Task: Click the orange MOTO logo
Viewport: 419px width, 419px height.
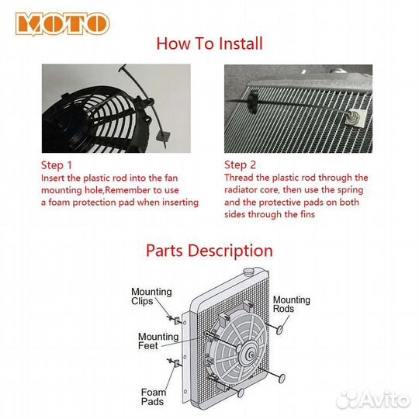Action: tap(63, 23)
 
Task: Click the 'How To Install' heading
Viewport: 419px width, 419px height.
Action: tap(209, 43)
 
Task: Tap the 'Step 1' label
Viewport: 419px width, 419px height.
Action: tap(57, 165)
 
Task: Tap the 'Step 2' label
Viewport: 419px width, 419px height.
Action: tap(240, 165)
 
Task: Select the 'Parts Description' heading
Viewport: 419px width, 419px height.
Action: tap(209, 251)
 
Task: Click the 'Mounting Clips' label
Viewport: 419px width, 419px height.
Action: tap(151, 296)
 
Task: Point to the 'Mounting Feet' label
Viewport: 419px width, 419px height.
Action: tap(158, 341)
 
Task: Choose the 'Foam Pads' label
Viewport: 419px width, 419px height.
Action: tap(154, 396)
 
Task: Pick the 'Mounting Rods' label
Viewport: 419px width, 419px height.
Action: tap(291, 304)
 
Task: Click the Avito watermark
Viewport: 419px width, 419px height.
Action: tap(373, 400)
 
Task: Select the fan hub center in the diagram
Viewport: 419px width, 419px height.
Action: tap(251, 355)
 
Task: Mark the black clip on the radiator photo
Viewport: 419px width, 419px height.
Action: tap(253, 101)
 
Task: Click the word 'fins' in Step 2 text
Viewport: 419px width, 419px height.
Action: tap(306, 214)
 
